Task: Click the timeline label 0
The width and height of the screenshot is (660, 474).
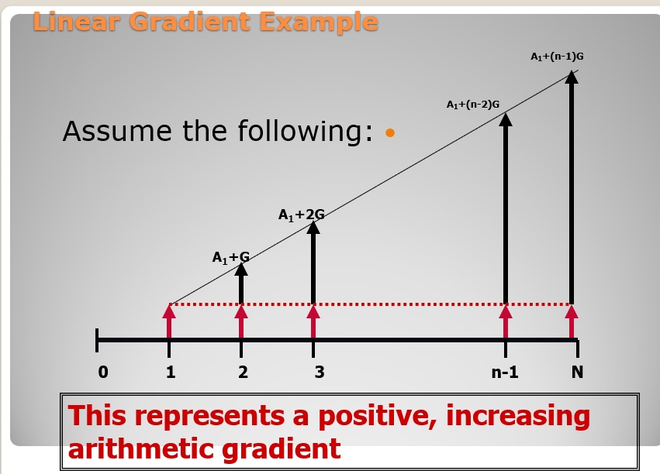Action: coord(103,372)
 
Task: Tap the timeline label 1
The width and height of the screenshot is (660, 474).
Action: coord(170,372)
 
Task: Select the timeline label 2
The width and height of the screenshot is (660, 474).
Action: coord(243,372)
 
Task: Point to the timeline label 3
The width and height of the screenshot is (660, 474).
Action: coord(320,372)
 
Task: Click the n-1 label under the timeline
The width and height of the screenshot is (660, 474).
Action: coord(505,372)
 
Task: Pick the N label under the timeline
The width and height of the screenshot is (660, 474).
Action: coord(577,372)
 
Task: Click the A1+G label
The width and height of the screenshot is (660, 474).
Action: coord(231,257)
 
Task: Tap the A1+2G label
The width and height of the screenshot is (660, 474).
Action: coord(302,215)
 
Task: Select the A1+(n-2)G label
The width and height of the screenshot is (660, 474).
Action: coord(472,105)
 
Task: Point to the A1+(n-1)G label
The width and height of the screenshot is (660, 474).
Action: coord(557,57)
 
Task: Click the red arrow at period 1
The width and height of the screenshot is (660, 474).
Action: coord(169,321)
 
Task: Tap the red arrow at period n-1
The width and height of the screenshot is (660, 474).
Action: coord(506,321)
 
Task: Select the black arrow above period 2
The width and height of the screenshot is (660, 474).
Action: coord(240,283)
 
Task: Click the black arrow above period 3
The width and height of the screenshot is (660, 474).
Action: coord(313,263)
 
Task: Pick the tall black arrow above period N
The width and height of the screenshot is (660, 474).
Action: coord(571,187)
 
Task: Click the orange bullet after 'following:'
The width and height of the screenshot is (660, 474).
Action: coord(390,132)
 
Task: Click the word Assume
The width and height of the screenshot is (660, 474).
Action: coord(117,131)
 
